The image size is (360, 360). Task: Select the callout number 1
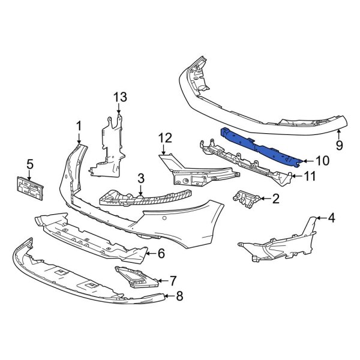(x=78, y=125)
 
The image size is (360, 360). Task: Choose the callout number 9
(x=339, y=145)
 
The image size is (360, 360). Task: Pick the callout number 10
(x=323, y=160)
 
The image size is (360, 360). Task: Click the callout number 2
(x=276, y=199)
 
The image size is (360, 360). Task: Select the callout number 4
(x=331, y=218)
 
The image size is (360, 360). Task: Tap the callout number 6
(x=160, y=254)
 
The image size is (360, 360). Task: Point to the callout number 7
(x=173, y=280)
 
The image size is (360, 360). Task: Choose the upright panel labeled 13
(x=108, y=147)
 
